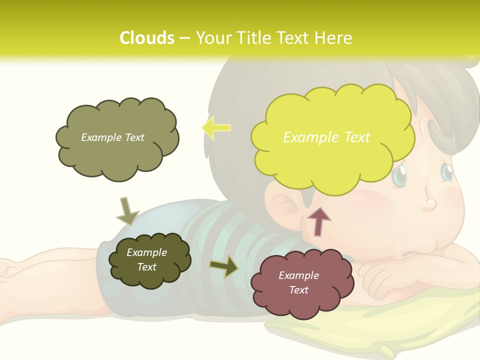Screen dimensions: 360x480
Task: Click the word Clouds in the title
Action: point(147,38)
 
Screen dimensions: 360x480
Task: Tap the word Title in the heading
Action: point(253,38)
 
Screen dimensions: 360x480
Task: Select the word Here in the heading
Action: point(334,38)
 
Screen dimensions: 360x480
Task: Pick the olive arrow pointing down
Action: point(127,211)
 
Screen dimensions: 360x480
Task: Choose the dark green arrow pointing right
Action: point(224,266)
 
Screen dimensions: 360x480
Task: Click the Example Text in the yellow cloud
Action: point(326,137)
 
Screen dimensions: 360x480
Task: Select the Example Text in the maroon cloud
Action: point(298,282)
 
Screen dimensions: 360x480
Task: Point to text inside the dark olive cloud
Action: point(146,260)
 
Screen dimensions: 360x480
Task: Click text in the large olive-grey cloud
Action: point(112,137)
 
